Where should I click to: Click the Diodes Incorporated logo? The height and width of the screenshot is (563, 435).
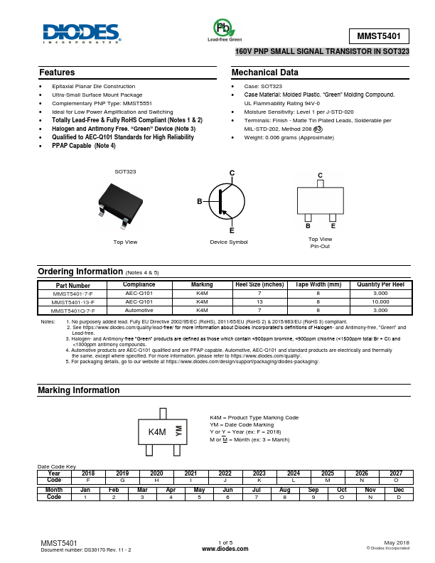80,33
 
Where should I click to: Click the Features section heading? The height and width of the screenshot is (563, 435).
57,73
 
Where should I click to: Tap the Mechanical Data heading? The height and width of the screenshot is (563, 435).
265,73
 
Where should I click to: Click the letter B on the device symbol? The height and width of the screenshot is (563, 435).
200,203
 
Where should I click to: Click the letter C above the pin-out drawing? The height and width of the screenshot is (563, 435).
320,175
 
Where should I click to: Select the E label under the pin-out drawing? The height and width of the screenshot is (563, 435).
333,225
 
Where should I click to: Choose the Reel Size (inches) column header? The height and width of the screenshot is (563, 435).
259,284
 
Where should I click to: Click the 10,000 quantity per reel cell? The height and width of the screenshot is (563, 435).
380,302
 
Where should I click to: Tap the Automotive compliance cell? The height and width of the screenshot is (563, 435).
139,311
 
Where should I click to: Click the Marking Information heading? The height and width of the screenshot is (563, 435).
78,390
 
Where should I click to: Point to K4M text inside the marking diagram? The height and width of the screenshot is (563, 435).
157,432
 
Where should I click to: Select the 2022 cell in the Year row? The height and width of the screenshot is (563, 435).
225,473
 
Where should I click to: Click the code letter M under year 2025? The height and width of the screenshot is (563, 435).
328,480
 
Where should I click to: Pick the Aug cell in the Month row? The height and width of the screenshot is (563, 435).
284,490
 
